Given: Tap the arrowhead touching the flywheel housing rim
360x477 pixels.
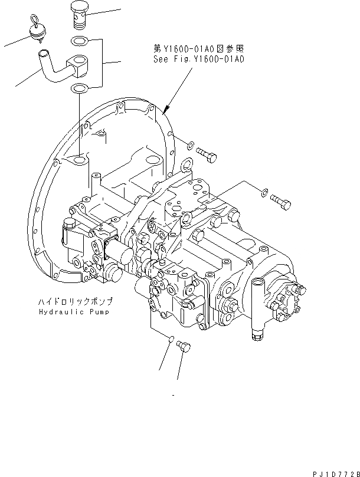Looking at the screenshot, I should pyautogui.click(x=167, y=109).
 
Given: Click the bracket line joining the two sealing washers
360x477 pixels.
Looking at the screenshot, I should pyautogui.click(x=104, y=62).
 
